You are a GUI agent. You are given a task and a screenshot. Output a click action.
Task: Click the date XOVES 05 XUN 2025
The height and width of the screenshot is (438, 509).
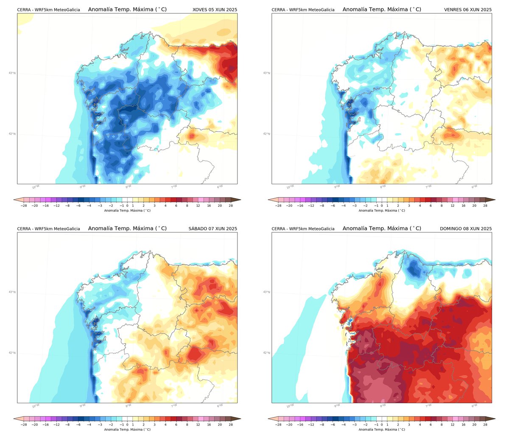pyautogui.click(x=215, y=9)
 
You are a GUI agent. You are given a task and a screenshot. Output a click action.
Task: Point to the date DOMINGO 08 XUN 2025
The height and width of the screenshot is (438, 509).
pyautogui.click(x=466, y=229)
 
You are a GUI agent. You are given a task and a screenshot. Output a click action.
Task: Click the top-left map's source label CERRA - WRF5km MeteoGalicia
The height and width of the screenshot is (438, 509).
pyautogui.click(x=48, y=9)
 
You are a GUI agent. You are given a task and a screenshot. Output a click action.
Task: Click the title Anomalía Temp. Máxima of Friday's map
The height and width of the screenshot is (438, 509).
pyautogui.click(x=382, y=9)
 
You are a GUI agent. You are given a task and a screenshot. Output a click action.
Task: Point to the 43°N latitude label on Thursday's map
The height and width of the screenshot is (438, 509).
pyautogui.click(x=12, y=73)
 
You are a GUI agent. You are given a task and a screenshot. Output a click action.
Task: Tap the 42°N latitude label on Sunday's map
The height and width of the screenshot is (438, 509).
pyautogui.click(x=266, y=353)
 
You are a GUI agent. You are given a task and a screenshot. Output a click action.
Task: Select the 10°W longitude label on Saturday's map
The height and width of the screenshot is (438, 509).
pyautogui.click(x=36, y=406)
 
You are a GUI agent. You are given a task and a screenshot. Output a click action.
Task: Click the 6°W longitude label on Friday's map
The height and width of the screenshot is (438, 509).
pyautogui.click(x=474, y=187)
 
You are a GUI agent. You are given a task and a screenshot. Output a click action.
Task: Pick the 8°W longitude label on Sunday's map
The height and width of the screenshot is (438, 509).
pyautogui.click(x=383, y=406)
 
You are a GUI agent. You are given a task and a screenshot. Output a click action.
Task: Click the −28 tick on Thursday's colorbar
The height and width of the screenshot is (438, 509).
pyautogui.click(x=24, y=205)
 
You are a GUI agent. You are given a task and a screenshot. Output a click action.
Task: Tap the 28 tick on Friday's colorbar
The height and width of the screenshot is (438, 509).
pyautogui.click(x=485, y=205)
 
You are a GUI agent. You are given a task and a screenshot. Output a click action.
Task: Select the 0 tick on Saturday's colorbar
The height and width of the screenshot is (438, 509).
pyautogui.click(x=127, y=424)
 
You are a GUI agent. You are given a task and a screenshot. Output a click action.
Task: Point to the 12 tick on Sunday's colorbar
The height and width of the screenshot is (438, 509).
pyautogui.click(x=453, y=424)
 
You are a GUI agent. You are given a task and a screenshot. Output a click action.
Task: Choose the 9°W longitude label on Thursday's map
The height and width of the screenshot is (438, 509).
pyautogui.click(x=82, y=187)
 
